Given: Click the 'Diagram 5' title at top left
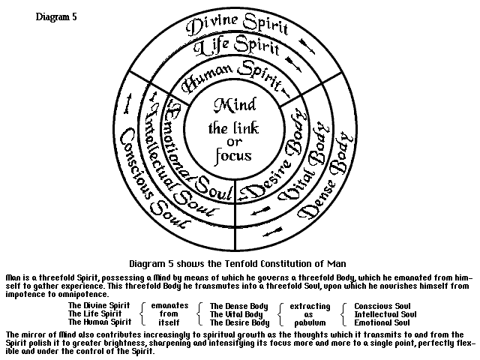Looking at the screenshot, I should pos(56,15).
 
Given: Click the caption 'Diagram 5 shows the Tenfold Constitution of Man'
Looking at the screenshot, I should pos(238,263).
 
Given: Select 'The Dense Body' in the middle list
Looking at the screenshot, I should pos(235,306).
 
